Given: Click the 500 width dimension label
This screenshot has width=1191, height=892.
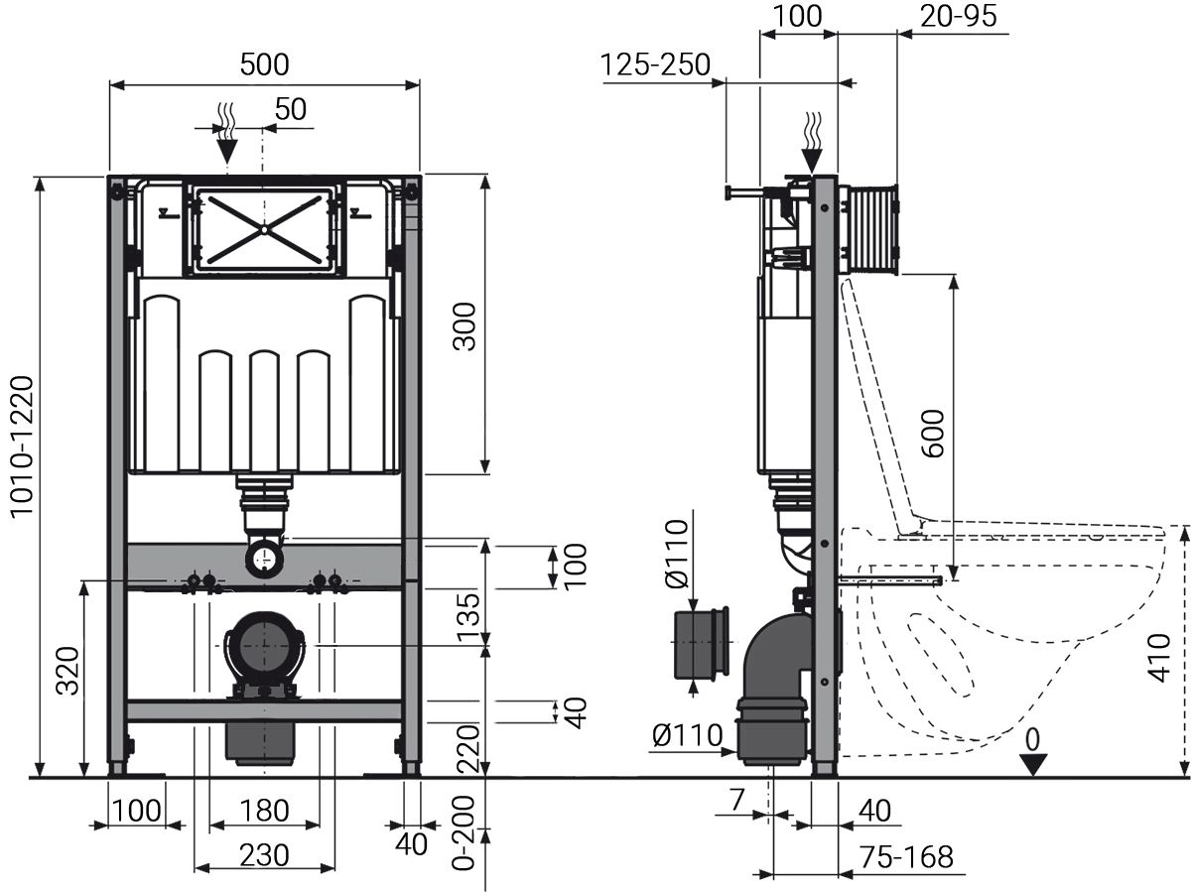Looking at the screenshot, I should pyautogui.click(x=264, y=64).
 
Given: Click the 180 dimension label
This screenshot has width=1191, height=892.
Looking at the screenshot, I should pyautogui.click(x=264, y=811).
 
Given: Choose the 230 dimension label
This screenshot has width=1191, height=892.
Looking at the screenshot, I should pyautogui.click(x=264, y=854).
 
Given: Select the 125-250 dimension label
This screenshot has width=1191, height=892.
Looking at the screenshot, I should pyautogui.click(x=655, y=64).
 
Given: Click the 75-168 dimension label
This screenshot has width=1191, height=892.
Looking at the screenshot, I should pyautogui.click(x=905, y=856).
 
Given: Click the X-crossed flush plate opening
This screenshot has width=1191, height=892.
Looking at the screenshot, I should pyautogui.click(x=264, y=227).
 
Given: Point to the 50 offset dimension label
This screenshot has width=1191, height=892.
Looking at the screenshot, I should pyautogui.click(x=291, y=110).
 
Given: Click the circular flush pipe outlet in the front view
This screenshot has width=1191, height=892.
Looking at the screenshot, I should pyautogui.click(x=263, y=560).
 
